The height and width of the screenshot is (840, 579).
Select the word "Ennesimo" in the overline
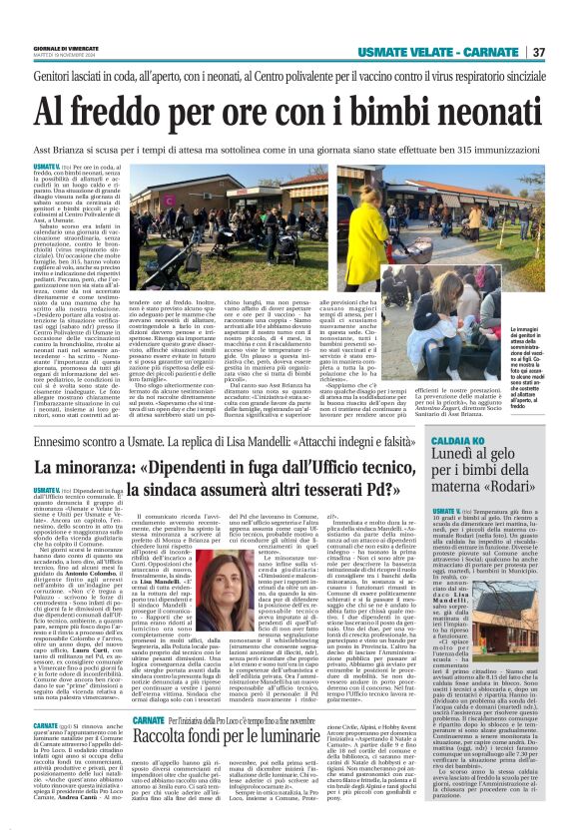point(60,439)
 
